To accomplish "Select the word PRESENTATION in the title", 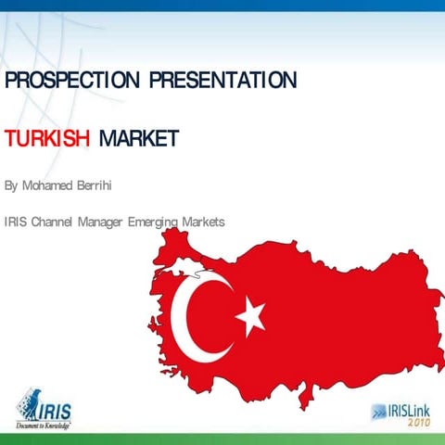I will (224, 81).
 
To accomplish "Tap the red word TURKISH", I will (47, 139).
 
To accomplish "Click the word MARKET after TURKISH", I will (138, 139).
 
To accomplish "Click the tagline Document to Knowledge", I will (43, 426).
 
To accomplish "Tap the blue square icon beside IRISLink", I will (379, 412).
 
